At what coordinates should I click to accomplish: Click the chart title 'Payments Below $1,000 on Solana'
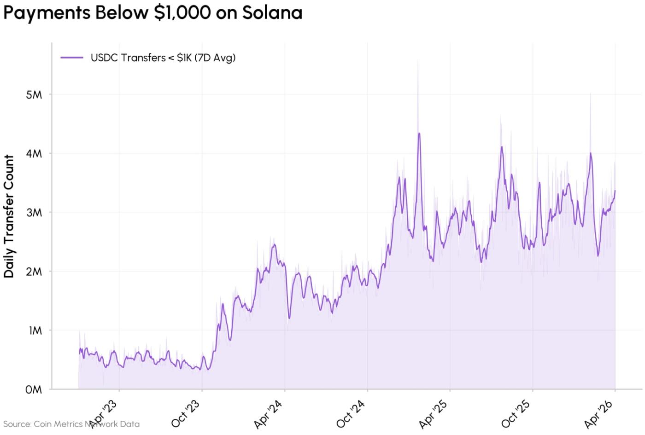(x=152, y=13)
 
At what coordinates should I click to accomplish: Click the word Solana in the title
(x=272, y=13)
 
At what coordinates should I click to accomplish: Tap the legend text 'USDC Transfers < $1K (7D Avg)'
(x=163, y=58)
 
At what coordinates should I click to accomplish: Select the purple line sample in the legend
(x=71, y=58)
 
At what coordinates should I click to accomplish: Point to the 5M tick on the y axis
(x=34, y=95)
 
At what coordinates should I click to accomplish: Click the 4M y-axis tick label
(x=34, y=154)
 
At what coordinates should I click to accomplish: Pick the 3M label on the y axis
(x=34, y=213)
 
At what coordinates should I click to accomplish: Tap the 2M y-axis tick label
(x=34, y=272)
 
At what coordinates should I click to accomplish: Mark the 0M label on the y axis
(x=34, y=390)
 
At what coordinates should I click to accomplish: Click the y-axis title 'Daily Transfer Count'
(x=9, y=216)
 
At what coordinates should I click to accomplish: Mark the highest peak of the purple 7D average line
(x=419, y=133)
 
